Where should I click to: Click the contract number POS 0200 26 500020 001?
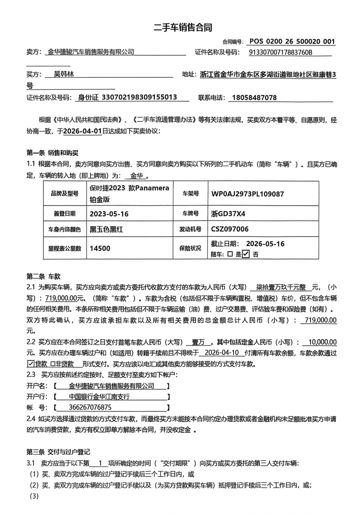click(x=292, y=42)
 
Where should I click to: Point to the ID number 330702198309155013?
click(x=139, y=97)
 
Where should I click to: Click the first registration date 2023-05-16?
click(x=109, y=214)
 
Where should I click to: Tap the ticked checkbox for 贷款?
click(x=30, y=364)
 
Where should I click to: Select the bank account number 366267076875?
click(x=90, y=407)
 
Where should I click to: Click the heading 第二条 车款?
click(x=43, y=276)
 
